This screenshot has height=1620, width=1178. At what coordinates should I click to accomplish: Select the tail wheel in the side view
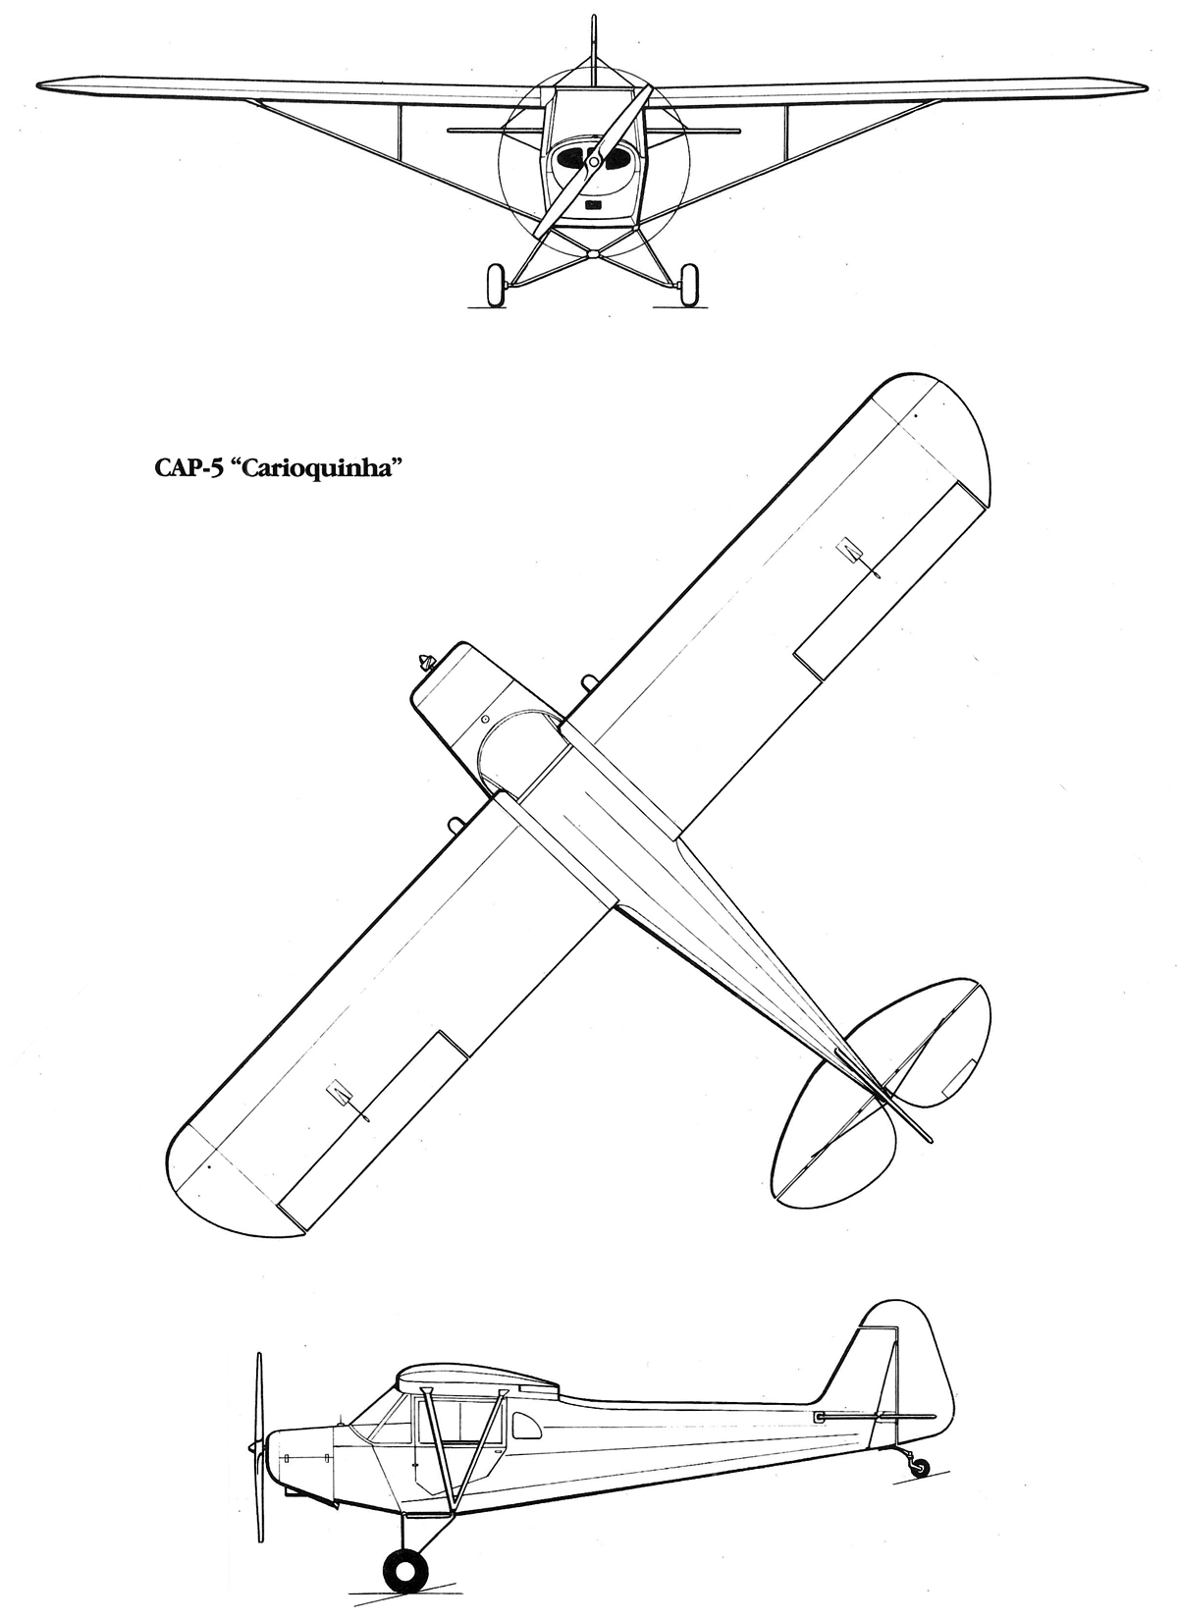click(x=920, y=1467)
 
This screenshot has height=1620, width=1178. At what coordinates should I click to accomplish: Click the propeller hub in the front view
click(x=594, y=162)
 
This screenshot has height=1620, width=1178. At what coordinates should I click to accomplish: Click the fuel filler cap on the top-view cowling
click(x=485, y=719)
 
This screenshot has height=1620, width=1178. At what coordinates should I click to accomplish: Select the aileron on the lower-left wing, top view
click(x=373, y=1129)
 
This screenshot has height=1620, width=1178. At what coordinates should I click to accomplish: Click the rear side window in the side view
click(x=523, y=1428)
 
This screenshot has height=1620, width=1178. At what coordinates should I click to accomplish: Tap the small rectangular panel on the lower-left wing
click(x=340, y=1091)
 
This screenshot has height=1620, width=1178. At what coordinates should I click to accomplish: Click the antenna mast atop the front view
click(x=594, y=39)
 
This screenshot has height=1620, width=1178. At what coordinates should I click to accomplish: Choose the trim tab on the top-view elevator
click(x=957, y=1077)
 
